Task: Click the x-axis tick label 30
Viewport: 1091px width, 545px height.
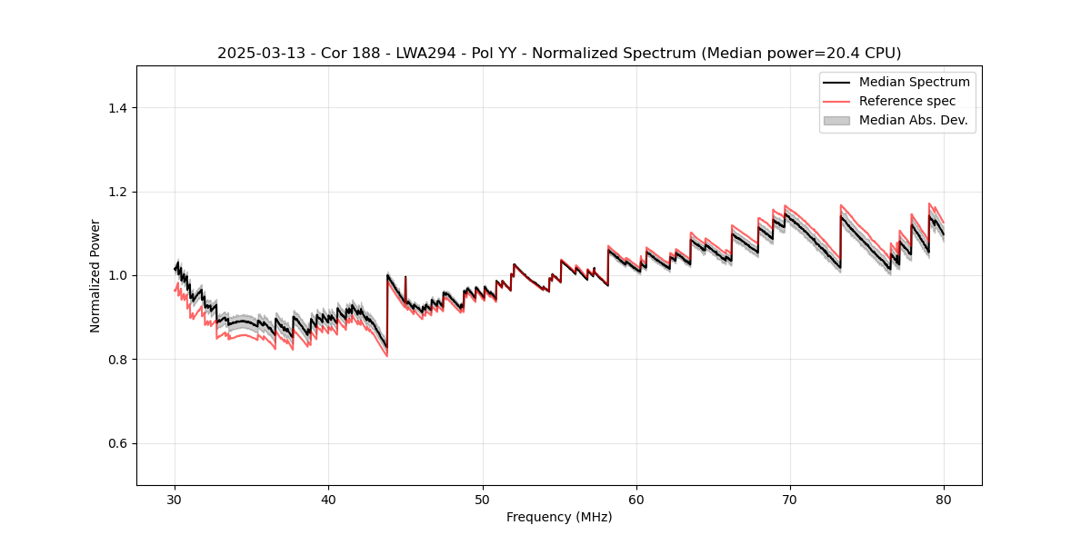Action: [x=175, y=499]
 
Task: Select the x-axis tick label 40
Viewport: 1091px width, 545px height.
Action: [x=329, y=499]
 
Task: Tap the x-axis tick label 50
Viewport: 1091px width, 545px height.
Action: [x=483, y=499]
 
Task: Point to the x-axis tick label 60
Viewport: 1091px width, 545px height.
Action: [x=636, y=499]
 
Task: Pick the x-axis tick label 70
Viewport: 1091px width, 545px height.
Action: [x=790, y=499]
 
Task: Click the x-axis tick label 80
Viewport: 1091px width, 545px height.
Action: [x=944, y=499]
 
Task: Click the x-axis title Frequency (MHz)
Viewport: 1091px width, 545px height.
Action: [x=559, y=517]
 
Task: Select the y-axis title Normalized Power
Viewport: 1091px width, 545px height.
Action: [x=95, y=275]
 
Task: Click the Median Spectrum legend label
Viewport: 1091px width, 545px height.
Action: [x=914, y=82]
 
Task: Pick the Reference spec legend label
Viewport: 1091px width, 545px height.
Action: [x=907, y=101]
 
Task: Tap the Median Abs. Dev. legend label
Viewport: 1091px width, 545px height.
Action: [x=913, y=120]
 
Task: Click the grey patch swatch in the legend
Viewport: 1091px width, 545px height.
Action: [x=836, y=120]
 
